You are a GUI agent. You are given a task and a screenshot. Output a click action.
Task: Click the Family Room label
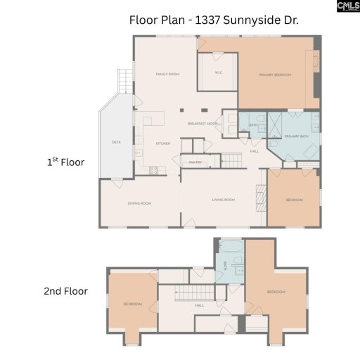coord(167,74)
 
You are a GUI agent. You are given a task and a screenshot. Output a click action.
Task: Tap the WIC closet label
coord(219,72)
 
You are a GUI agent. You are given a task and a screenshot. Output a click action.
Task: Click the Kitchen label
coord(163,143)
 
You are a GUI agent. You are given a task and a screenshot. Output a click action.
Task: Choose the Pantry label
coord(195,162)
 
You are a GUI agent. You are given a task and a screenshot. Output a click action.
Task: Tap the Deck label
coord(117,142)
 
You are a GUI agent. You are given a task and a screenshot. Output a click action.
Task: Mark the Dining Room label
coord(139,203)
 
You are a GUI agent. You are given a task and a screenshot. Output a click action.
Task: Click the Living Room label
coord(223,200)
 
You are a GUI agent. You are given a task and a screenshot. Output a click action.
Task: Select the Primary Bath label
coord(297,136)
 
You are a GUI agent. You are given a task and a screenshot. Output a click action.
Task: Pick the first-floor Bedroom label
coord(294,200)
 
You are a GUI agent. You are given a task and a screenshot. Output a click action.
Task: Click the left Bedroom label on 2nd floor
coord(133,304)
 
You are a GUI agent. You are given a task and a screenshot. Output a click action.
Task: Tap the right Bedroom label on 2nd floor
coord(276,291)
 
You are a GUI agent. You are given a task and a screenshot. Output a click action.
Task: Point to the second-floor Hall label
coord(200,305)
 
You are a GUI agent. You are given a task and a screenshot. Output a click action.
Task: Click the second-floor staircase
coord(193,293)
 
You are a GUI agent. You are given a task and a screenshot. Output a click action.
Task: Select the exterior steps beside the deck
coord(125,81)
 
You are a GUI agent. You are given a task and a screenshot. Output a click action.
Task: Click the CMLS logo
coord(347,7)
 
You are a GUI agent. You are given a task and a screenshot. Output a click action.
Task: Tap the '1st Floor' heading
coord(65,162)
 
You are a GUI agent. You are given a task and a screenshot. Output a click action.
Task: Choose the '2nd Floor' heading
coord(65,290)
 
